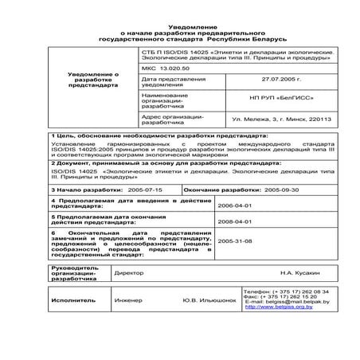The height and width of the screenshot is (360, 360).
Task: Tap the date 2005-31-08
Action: click(234, 240)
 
